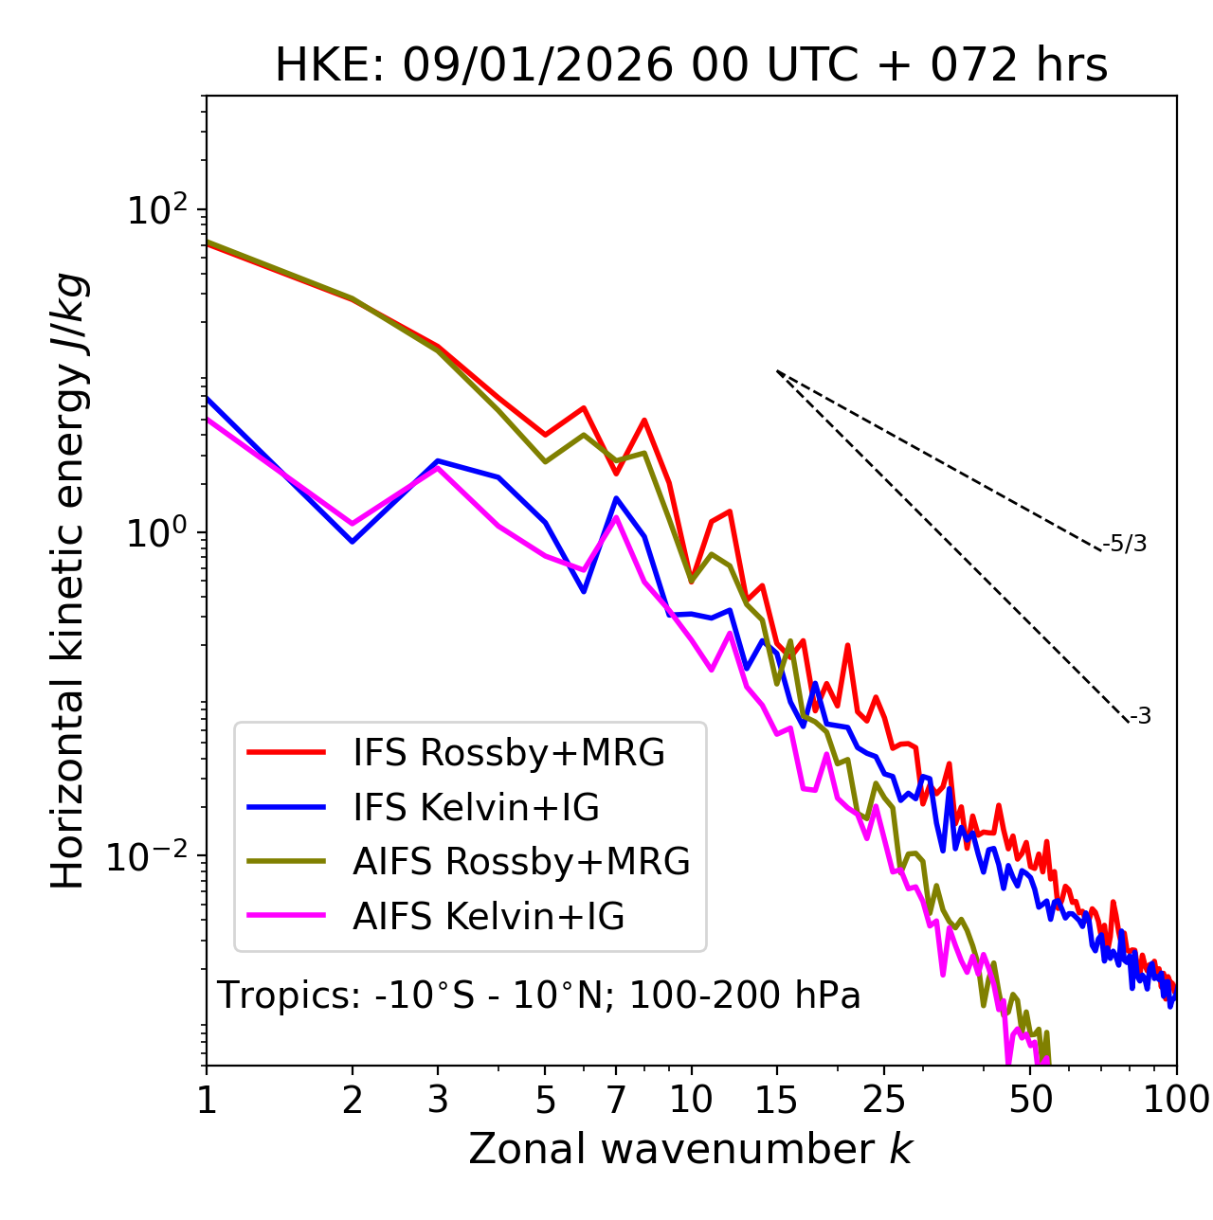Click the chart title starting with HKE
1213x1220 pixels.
tap(691, 66)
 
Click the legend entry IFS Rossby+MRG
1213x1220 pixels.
tap(509, 753)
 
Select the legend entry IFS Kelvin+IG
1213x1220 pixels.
tap(476, 807)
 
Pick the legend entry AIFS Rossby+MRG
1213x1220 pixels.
tap(521, 861)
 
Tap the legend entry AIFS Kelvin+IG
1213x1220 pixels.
tap(488, 916)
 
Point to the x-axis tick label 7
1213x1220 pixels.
tap(616, 1100)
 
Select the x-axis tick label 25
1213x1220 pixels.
tap(884, 1100)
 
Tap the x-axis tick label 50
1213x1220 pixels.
tap(1031, 1100)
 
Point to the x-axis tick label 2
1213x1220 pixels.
tap(353, 1100)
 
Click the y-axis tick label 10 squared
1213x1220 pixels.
tap(155, 209)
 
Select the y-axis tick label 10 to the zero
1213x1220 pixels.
tap(155, 532)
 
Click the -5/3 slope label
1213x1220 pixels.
tap(1125, 544)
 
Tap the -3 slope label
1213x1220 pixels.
tap(1141, 717)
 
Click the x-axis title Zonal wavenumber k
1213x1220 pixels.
tap(691, 1149)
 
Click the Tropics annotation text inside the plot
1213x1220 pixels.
tap(538, 996)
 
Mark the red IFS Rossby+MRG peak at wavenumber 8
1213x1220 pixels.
tap(644, 420)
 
